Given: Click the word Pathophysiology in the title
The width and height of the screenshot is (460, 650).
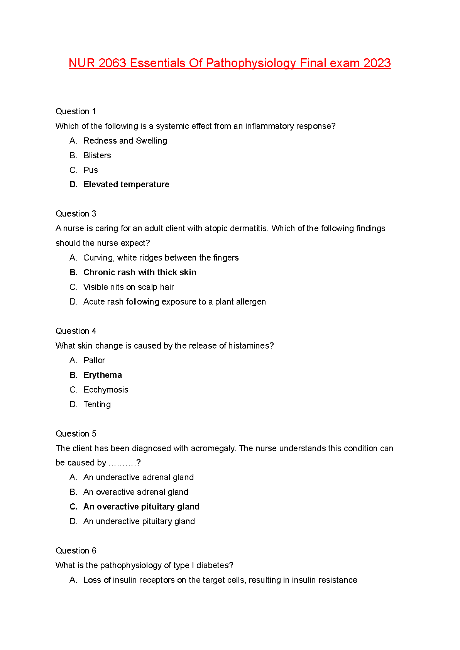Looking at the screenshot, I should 251,63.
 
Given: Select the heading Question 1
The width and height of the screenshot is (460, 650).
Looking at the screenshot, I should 76,112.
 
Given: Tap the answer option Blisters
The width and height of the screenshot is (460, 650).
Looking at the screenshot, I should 97,156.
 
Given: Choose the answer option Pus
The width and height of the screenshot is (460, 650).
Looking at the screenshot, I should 91,170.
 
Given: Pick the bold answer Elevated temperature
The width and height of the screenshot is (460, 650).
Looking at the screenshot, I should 126,185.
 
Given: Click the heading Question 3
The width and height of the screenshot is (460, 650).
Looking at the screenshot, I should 76,214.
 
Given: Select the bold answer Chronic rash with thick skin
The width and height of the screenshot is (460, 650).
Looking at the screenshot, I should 140,273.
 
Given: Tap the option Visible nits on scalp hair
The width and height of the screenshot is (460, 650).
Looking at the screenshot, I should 129,287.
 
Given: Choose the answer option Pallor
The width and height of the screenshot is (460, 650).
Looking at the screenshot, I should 94,361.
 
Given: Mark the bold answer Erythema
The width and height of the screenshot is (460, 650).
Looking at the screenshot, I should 103,375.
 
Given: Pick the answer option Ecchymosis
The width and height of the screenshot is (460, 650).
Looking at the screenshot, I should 106,390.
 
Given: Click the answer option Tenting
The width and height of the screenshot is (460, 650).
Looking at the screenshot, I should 97,405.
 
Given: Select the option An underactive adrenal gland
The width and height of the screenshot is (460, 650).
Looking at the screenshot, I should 139,477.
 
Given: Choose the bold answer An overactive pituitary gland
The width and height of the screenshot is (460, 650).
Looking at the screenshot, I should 141,507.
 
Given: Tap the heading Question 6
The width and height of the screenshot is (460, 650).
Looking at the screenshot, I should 76,551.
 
